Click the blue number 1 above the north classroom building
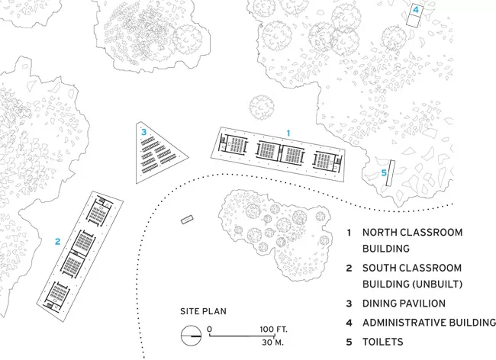pyautogui.click(x=288, y=133)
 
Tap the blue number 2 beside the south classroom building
pyautogui.click(x=57, y=242)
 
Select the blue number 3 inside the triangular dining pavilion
pyautogui.click(x=143, y=132)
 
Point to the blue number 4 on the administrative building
pyautogui.click(x=416, y=10)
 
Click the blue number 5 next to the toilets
pyautogui.click(x=384, y=172)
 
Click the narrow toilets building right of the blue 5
pyautogui.click(x=391, y=173)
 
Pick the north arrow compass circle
pyautogui.click(x=191, y=336)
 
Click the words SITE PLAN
pyautogui.click(x=204, y=311)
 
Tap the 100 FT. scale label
pyautogui.click(x=274, y=329)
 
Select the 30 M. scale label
pyautogui.click(x=272, y=342)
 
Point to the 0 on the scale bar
pyautogui.click(x=209, y=329)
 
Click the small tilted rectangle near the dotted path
pyautogui.click(x=187, y=220)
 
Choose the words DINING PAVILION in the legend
pyautogui.click(x=404, y=304)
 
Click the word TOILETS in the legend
pyautogui.click(x=383, y=342)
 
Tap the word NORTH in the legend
pyautogui.click(x=378, y=233)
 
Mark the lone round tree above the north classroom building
pyautogui.click(x=262, y=108)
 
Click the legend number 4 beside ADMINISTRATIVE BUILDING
pyautogui.click(x=349, y=323)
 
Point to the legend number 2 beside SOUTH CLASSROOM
pyautogui.click(x=349, y=268)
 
